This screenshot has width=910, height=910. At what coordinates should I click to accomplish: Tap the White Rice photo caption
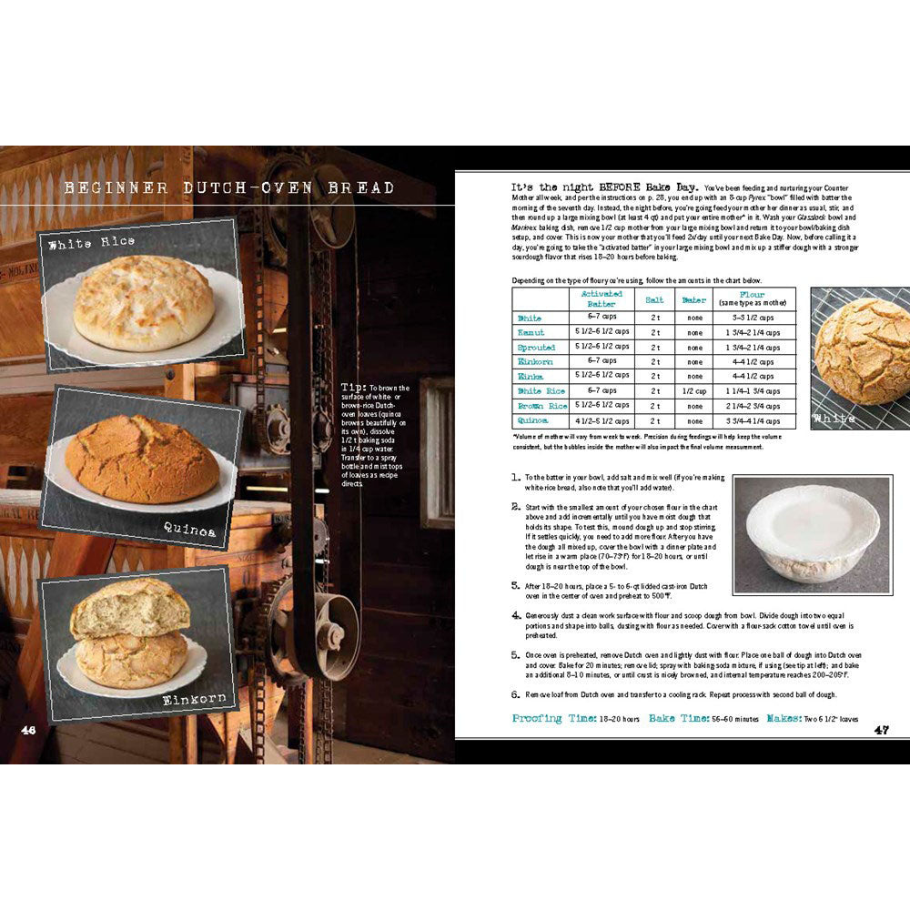[91, 242]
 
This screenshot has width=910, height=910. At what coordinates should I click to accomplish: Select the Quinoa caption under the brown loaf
[189, 530]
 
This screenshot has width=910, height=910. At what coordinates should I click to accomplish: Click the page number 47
[882, 729]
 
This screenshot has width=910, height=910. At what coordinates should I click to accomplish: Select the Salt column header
[654, 298]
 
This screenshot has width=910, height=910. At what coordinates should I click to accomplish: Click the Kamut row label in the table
[530, 333]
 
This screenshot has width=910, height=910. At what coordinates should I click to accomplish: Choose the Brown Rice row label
[542, 406]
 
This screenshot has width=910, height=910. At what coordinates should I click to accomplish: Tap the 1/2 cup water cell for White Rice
[694, 391]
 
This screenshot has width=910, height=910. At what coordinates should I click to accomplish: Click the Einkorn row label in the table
[536, 362]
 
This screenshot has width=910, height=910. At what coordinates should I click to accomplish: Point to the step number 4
[515, 616]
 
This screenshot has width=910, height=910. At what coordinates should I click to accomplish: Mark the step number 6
[515, 694]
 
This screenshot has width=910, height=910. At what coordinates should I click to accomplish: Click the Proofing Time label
[549, 718]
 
